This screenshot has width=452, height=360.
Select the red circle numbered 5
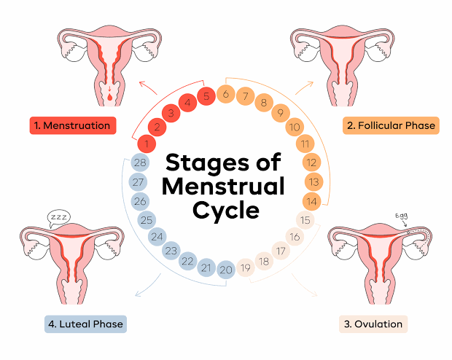(x=207, y=95)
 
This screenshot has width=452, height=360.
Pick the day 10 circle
(x=295, y=128)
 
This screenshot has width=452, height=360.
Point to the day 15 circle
(x=306, y=219)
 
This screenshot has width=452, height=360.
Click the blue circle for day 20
(x=226, y=270)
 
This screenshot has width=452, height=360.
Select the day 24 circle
(x=157, y=236)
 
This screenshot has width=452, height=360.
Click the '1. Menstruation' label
(x=73, y=125)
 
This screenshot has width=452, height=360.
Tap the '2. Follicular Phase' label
(x=391, y=125)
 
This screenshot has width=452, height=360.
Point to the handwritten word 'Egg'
(x=402, y=216)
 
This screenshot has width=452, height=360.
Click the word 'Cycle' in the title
(x=226, y=211)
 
